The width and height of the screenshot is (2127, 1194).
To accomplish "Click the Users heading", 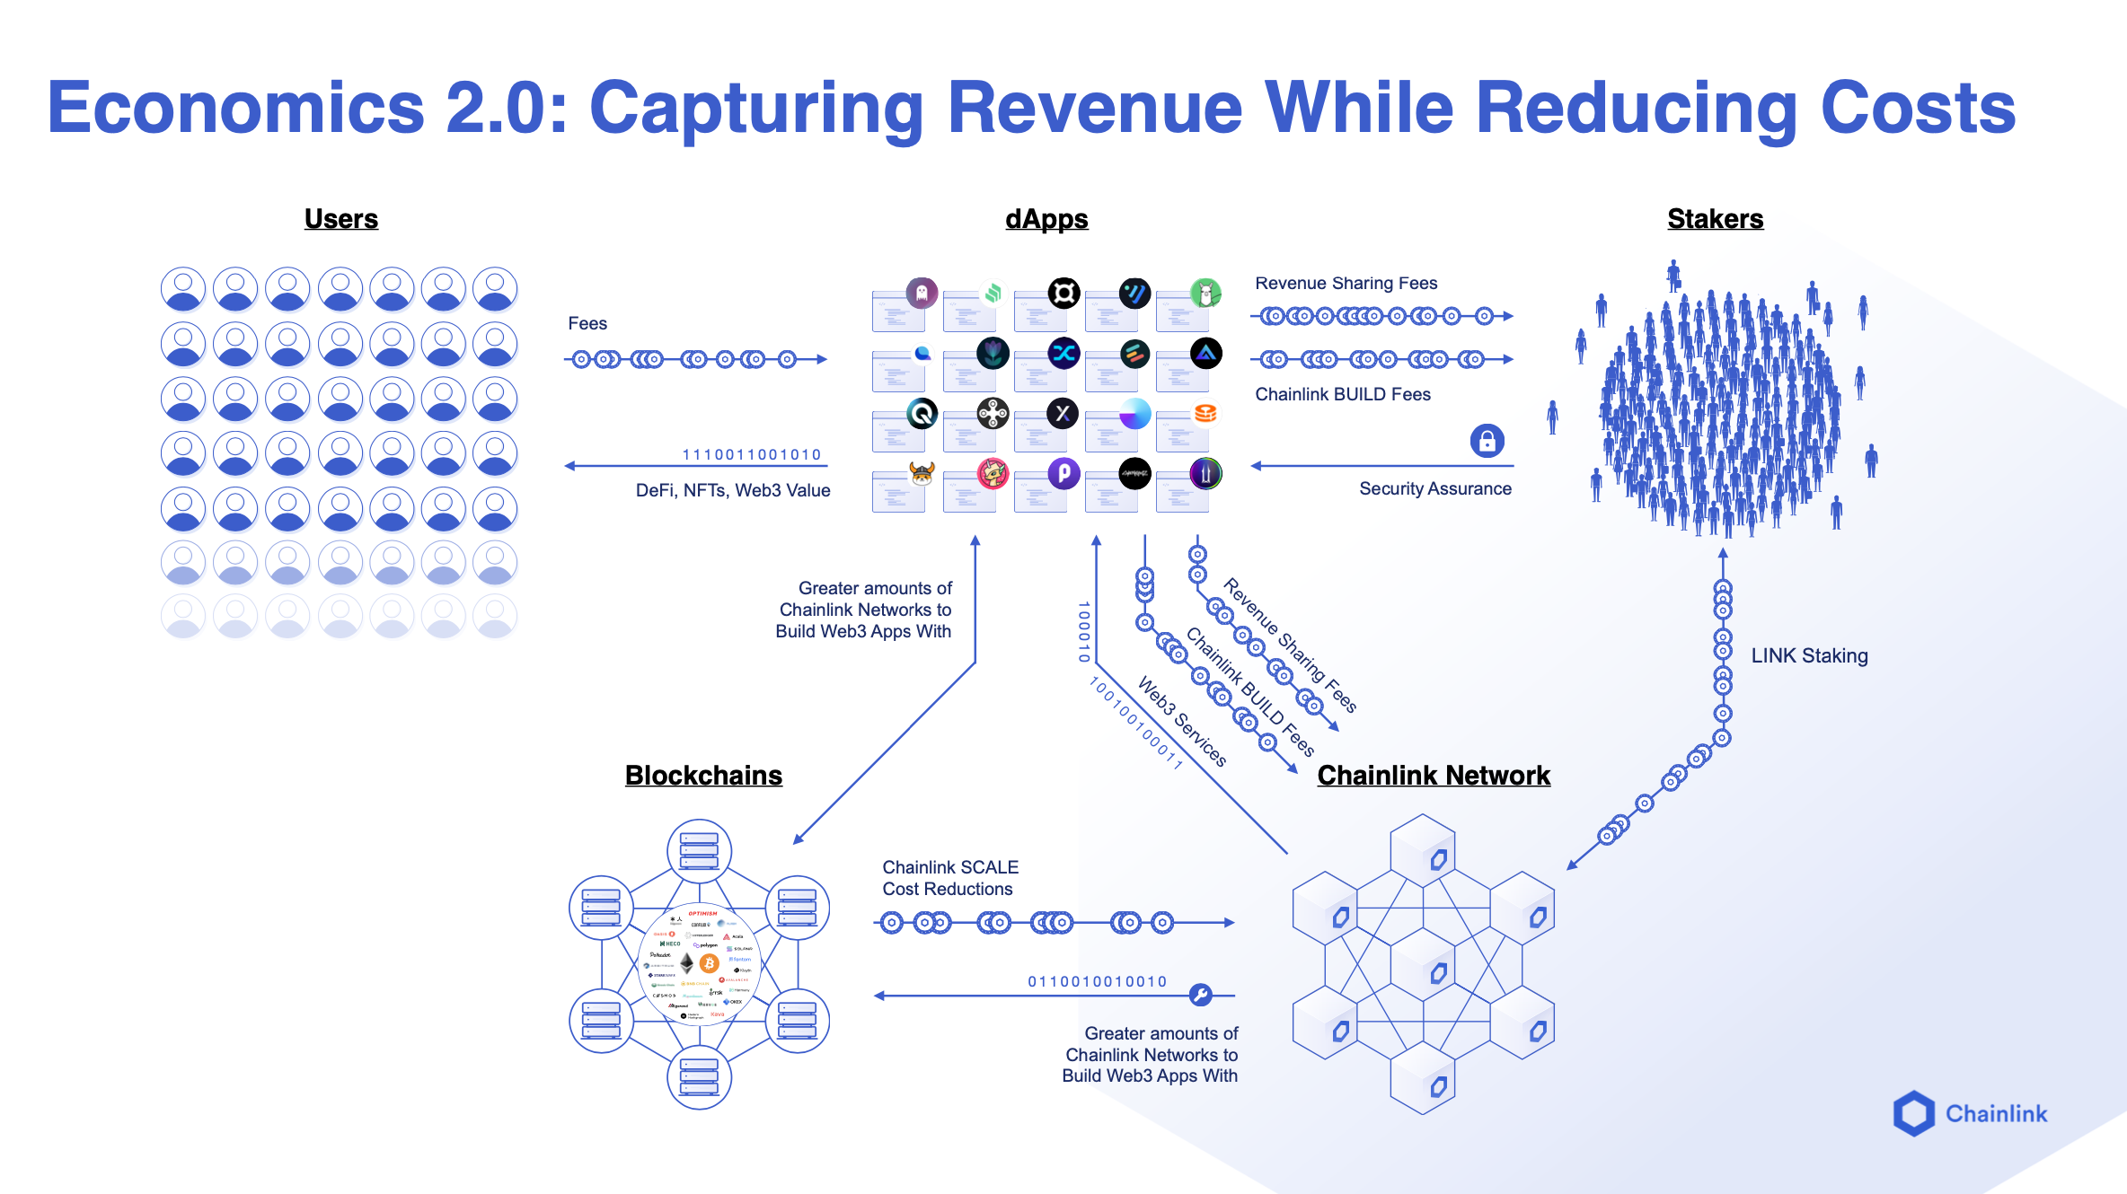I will coord(340,219).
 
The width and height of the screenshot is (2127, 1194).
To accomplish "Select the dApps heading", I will coord(1046,219).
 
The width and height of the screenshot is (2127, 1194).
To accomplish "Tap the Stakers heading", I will coord(1715,219).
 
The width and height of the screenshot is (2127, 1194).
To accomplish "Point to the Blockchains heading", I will coord(703,776).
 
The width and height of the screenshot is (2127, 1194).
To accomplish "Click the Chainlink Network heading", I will coord(1434,776).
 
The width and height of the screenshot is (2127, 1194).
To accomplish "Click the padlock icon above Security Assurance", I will coord(1487,441).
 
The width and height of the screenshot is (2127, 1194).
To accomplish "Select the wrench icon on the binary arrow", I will coord(1200,995).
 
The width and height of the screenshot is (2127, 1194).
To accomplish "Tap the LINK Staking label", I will coord(1809,656).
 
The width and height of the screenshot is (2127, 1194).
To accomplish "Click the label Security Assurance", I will coord(1434,489).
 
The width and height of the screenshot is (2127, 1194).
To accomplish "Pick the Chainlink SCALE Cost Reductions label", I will coord(949,878).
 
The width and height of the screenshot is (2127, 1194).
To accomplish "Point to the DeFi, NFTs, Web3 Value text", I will coord(733,491).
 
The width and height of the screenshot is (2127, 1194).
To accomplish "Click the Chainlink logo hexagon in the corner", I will coord(1913,1113).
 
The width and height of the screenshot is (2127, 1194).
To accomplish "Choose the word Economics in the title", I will coord(235,109).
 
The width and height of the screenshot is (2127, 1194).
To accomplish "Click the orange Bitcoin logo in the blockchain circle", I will coord(710,963).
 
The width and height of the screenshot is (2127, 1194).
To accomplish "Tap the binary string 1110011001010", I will coord(752,455).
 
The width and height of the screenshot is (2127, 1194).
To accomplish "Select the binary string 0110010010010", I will coord(1097,982).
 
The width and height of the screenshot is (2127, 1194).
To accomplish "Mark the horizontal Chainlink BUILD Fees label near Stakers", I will coord(1342,395).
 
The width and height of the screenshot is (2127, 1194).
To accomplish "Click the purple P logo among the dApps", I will coord(1063,472).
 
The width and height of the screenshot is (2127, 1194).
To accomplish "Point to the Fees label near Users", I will coord(587,324).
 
